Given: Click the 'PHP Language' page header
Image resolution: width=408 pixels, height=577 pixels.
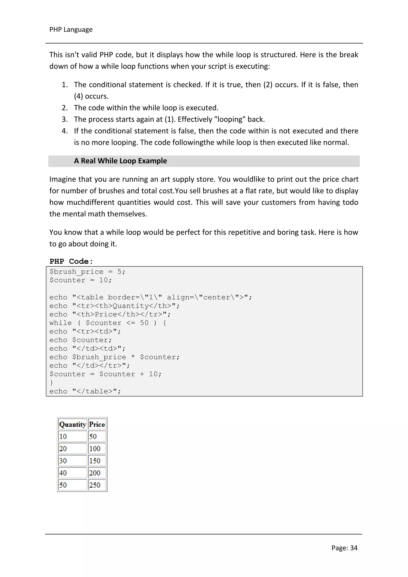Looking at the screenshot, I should [x=71, y=30].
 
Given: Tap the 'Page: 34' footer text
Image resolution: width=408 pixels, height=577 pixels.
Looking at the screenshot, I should [x=344, y=548].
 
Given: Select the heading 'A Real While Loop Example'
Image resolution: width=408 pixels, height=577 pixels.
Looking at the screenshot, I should [x=120, y=161].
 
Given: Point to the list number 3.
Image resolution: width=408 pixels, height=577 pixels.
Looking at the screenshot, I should [x=65, y=119].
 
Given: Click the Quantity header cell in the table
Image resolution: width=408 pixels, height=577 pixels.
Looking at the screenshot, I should [x=73, y=425].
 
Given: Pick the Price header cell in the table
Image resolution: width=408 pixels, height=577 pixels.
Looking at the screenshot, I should [x=97, y=425].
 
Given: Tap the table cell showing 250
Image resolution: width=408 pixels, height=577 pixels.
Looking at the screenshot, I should [x=97, y=485].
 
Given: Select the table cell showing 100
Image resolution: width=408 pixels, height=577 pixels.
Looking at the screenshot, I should [x=97, y=449].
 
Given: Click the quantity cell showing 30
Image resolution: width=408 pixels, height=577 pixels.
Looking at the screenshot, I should [x=73, y=461].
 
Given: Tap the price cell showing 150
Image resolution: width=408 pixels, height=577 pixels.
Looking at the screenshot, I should [x=97, y=461].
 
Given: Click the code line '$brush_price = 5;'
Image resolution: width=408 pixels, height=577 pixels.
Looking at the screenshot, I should [x=87, y=272].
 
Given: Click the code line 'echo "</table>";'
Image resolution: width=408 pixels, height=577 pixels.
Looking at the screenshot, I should [x=85, y=391].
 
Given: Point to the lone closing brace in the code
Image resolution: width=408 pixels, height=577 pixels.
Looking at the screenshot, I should [x=52, y=383].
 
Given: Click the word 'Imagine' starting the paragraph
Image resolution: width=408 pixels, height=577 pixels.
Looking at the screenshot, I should [x=62, y=179].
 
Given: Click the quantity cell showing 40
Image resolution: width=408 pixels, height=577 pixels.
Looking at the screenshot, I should [x=73, y=473].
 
